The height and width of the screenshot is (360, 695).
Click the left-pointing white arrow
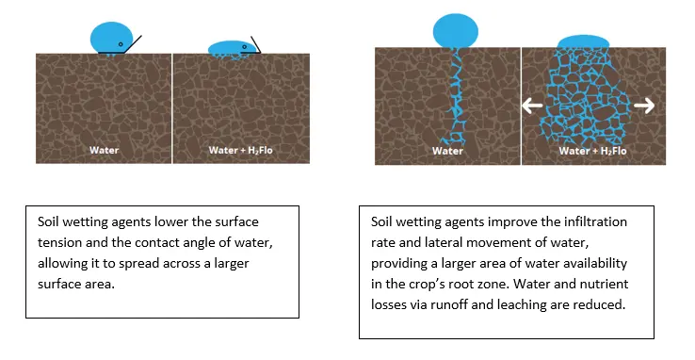(532, 106)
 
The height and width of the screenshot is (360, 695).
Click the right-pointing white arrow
(644, 106)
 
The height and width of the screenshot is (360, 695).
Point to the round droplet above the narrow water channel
(455, 31)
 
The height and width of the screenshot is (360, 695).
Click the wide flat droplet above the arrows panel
(583, 41)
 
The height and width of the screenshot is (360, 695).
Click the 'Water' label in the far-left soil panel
(105, 150)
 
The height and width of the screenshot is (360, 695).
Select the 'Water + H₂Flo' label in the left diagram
(241, 150)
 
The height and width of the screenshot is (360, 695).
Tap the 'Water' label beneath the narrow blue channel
(447, 151)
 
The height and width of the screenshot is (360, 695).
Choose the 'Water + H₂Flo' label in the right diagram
(592, 151)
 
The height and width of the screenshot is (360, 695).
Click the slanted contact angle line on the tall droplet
(132, 44)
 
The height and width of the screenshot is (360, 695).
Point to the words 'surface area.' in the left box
(76, 285)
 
